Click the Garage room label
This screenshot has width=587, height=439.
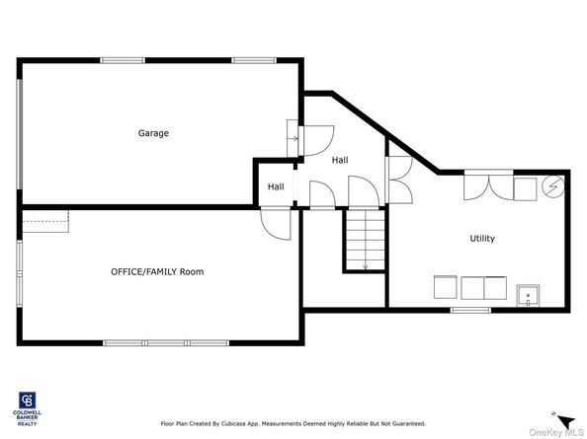point(153,133)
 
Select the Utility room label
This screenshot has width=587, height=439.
point(482,239)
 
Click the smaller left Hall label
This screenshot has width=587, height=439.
point(276,186)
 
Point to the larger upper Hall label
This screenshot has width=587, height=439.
point(340,160)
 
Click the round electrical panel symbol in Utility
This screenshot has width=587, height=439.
point(551,186)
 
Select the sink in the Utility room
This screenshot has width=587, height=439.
point(527,293)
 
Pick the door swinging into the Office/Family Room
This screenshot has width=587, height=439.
point(275,223)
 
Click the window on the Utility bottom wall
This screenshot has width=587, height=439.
point(470,310)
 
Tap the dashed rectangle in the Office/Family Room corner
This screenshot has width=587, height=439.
point(43,222)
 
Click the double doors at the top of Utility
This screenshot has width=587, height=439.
point(487,185)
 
